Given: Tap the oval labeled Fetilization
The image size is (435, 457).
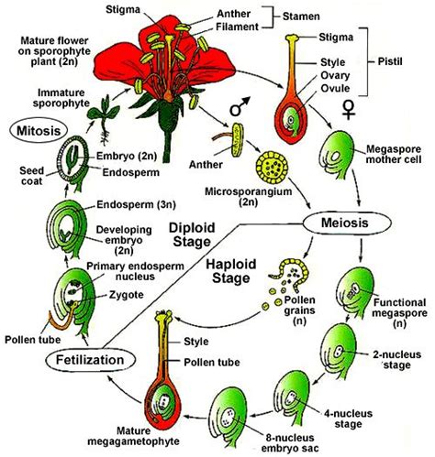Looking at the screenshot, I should (64, 360).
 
